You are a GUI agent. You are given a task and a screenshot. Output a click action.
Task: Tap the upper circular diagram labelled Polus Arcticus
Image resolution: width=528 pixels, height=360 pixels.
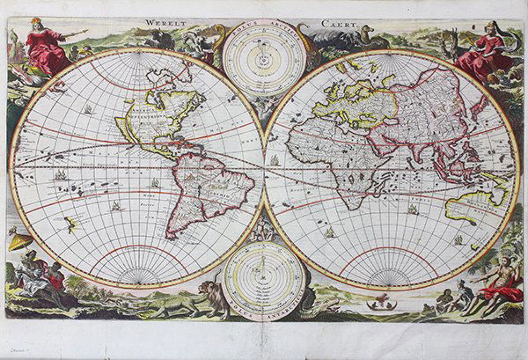click(264, 59)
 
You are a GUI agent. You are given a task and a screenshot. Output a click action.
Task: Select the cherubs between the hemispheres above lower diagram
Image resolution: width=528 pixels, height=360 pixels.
click(264, 231)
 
